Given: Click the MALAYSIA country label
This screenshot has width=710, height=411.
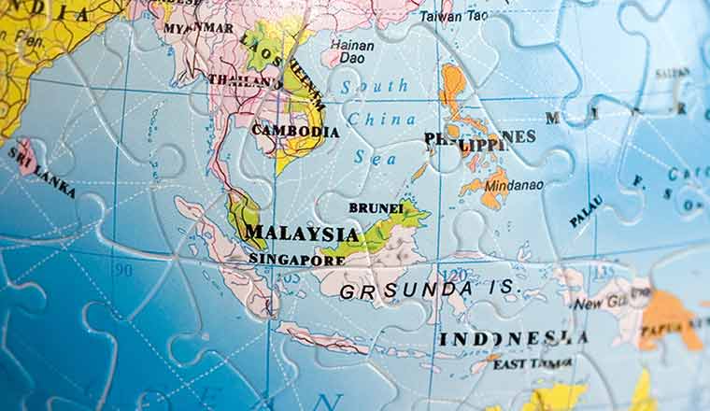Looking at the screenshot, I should [x=301, y=234].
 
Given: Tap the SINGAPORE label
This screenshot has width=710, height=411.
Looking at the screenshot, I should [x=296, y=259].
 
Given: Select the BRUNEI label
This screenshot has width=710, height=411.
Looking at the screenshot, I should [x=376, y=207].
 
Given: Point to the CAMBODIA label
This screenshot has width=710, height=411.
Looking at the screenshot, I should [x=295, y=132].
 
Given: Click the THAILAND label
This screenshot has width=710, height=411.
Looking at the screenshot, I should [x=245, y=80].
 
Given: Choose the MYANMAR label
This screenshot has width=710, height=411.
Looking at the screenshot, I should [x=198, y=28].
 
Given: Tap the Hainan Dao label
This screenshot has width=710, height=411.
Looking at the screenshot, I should [x=352, y=50].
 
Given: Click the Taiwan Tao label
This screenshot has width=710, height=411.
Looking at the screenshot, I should [x=453, y=16].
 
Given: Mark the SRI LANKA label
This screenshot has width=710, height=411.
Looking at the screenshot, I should [x=42, y=172].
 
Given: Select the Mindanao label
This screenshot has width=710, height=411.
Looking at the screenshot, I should [x=513, y=185].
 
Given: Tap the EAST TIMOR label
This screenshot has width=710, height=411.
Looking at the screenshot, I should [x=533, y=363].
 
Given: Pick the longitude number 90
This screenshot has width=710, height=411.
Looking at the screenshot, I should [x=122, y=270].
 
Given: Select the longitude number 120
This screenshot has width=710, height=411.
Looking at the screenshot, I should [x=455, y=275].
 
